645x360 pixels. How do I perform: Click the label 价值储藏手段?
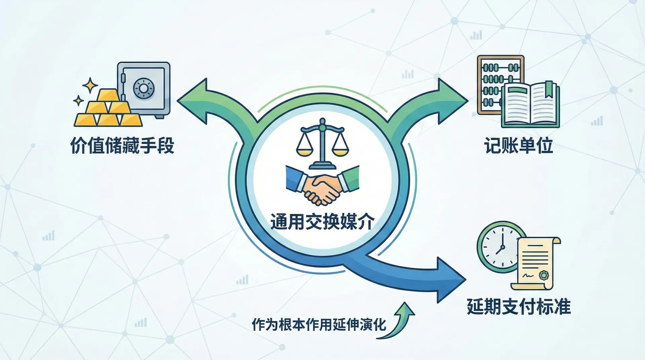point(122,145)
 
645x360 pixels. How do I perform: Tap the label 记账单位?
point(519,145)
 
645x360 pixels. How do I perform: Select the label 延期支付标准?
point(519,306)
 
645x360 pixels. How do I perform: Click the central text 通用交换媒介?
point(322,222)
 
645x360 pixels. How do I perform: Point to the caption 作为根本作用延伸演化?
point(319,324)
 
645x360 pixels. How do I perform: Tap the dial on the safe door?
point(143,88)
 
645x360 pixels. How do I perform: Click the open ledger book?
point(530,105)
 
